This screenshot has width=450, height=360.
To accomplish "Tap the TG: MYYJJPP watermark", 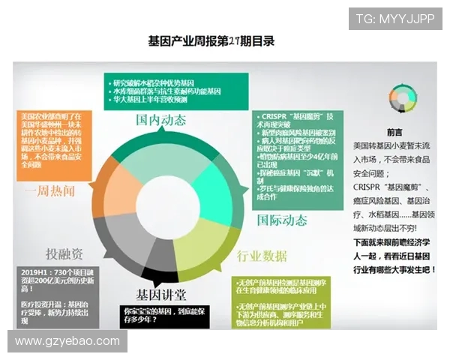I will click(394, 19).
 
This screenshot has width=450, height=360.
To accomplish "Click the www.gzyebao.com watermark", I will click(67, 341).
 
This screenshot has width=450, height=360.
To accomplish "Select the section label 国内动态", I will click(160, 120).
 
